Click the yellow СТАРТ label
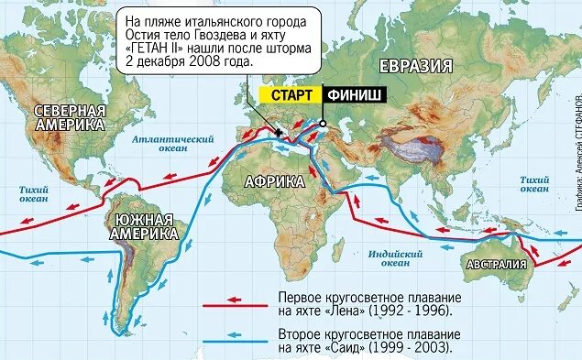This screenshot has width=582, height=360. (x=291, y=94)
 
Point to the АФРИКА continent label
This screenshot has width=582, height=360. (x=275, y=181)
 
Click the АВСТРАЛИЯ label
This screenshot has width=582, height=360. (x=496, y=266)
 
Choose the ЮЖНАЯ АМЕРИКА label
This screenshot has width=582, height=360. (x=143, y=226)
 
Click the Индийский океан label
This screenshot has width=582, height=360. (x=395, y=256)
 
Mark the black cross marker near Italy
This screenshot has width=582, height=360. (x=278, y=133)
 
